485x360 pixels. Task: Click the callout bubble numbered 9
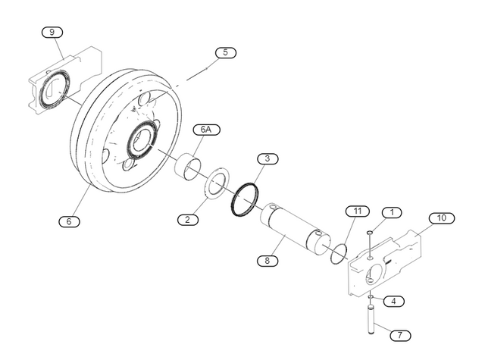(x=52, y=32)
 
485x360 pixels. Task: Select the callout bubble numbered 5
(x=225, y=52)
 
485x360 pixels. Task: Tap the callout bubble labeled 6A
(x=205, y=130)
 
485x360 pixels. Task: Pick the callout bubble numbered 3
(x=267, y=158)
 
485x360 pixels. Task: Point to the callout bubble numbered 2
(x=187, y=220)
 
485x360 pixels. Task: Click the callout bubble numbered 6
(x=69, y=221)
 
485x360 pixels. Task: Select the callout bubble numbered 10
(x=441, y=218)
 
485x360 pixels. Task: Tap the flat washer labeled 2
(x=219, y=186)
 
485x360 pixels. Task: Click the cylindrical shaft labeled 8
(x=294, y=229)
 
